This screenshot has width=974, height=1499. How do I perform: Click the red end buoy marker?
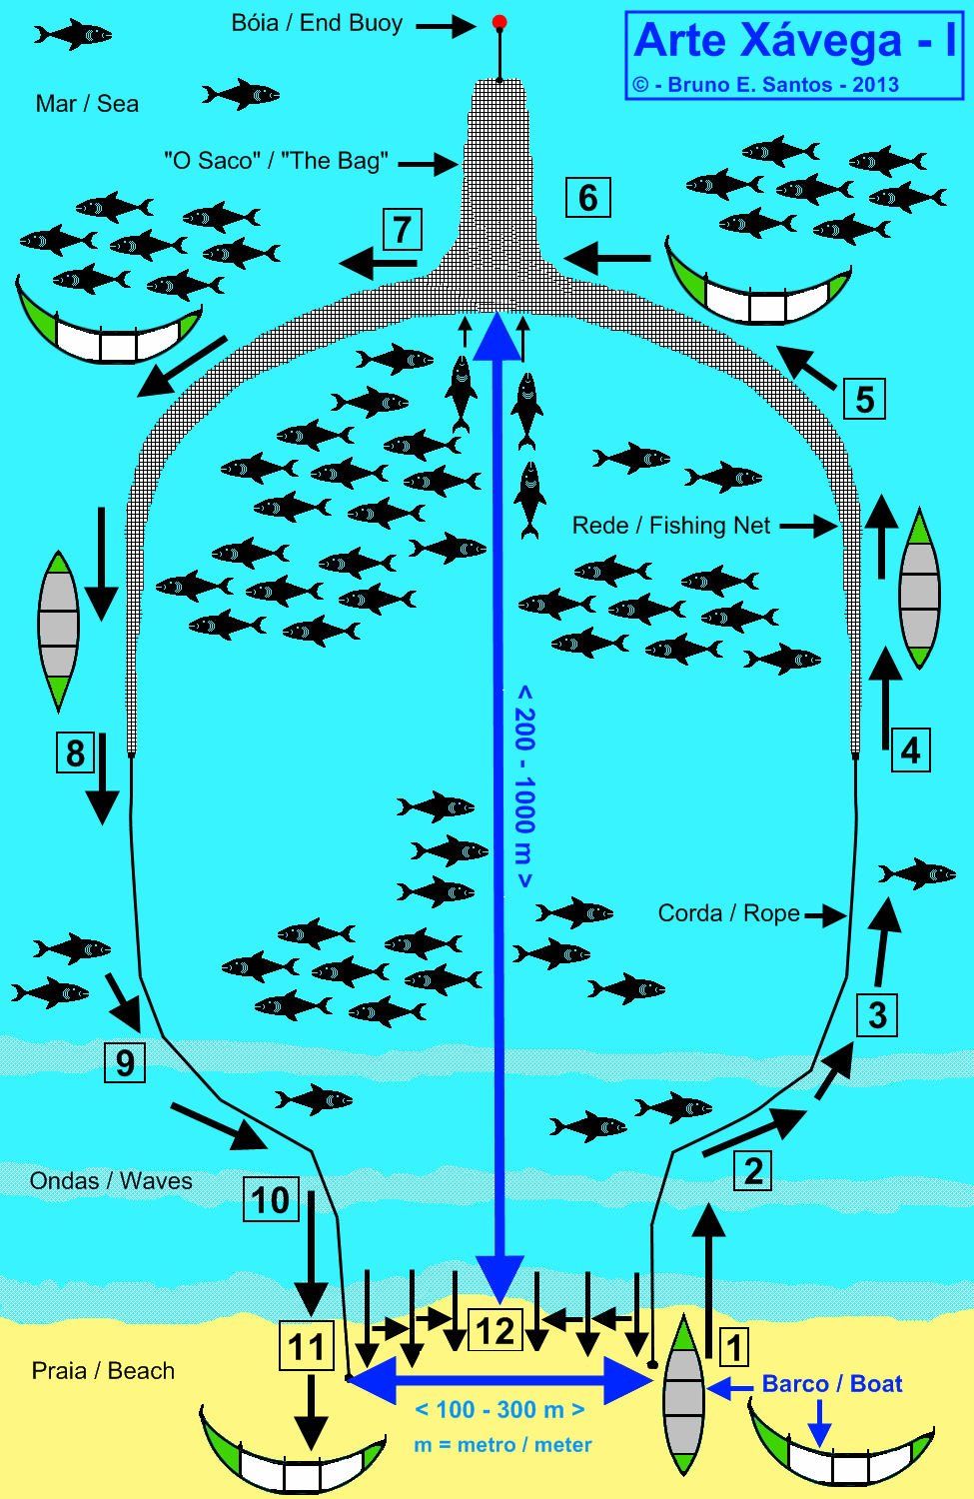(x=499, y=22)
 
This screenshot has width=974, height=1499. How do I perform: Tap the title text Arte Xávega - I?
(x=794, y=41)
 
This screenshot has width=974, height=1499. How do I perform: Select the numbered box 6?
(x=587, y=198)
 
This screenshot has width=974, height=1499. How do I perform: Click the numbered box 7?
(x=402, y=230)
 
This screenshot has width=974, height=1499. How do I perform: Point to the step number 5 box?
(x=864, y=400)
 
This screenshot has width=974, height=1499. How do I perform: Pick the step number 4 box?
(x=910, y=750)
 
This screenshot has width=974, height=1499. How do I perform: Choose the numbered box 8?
(x=75, y=752)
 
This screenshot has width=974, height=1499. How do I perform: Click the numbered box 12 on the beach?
(x=495, y=1331)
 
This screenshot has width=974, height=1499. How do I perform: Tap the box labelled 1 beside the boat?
(x=734, y=1347)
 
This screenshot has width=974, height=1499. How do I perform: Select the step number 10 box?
(x=270, y=1199)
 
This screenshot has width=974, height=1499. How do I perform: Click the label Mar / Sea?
(x=87, y=104)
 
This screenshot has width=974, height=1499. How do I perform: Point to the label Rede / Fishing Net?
(x=671, y=526)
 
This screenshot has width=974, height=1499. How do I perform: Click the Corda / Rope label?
(x=728, y=913)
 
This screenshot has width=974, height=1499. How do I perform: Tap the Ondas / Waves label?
(x=111, y=1181)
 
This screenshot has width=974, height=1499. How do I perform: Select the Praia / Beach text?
(x=103, y=1371)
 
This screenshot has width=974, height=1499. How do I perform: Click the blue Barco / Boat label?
(x=832, y=1384)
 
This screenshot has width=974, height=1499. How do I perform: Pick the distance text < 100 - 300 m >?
(x=499, y=1410)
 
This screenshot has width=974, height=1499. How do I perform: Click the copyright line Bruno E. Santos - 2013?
(x=766, y=85)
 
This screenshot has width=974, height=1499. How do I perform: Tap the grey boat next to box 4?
(x=919, y=590)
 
